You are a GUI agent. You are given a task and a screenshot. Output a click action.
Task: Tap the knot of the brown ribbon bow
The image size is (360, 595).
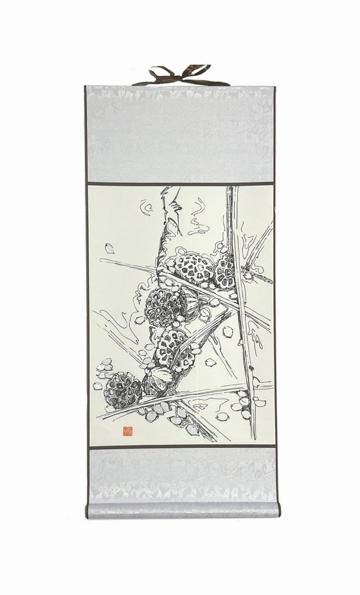[x=181, y=75]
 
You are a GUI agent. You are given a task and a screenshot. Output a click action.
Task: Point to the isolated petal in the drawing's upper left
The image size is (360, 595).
[x=110, y=248]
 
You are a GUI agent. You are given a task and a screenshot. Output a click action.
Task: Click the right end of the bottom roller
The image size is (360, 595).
[x=277, y=509]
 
